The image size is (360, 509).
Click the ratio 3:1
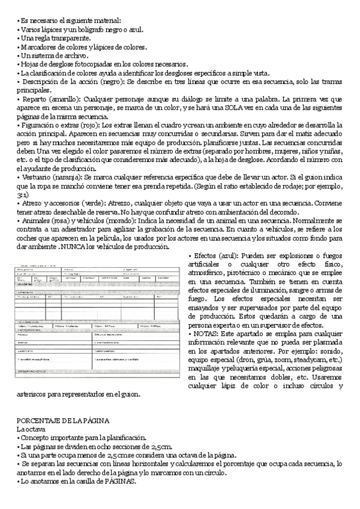point(22,195)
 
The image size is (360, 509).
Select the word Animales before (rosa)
point(37,221)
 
